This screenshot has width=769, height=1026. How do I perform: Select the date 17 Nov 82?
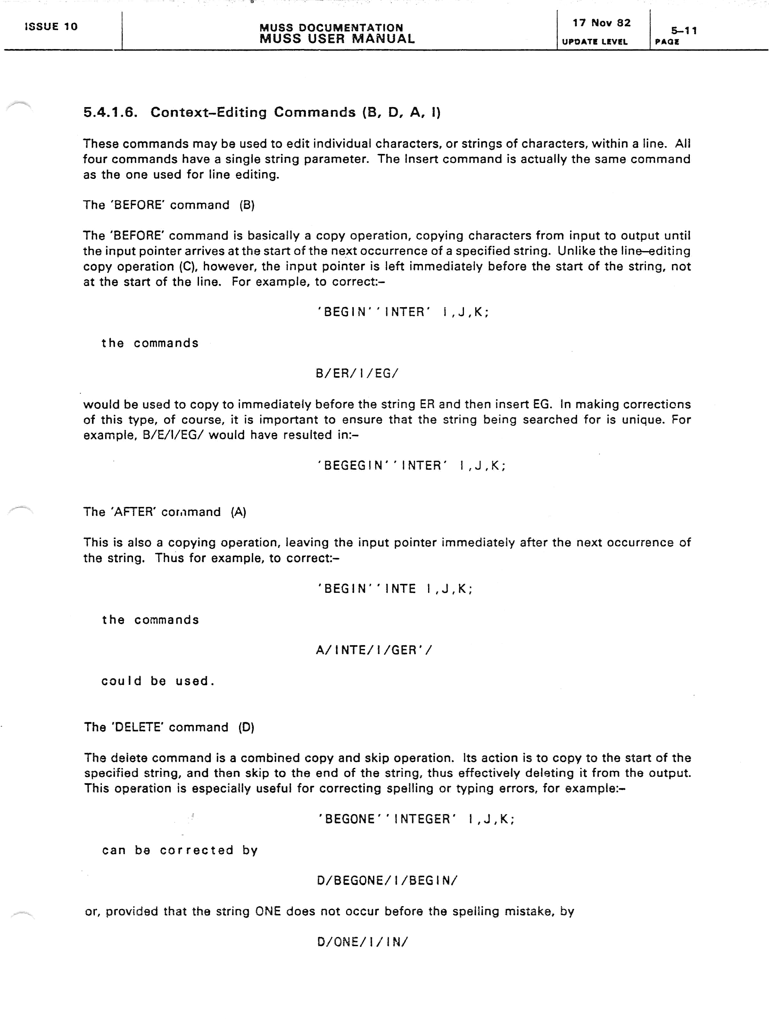(601, 23)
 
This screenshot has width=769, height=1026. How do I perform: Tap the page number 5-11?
(684, 30)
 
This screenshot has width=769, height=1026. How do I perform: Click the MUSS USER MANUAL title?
(337, 39)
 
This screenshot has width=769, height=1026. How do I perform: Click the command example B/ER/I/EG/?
(356, 374)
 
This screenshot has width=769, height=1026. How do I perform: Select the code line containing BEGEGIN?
(411, 465)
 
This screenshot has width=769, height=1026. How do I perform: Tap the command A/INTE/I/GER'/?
(374, 650)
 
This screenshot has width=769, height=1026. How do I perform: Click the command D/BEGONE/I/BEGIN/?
(387, 881)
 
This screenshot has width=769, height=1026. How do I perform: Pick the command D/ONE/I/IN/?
(362, 942)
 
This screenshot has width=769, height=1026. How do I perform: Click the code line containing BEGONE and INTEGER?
(416, 819)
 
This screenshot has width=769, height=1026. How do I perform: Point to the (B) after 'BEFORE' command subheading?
(247, 205)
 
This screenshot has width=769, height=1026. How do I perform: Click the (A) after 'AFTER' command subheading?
(238, 512)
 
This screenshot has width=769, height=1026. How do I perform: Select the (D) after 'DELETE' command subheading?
(246, 727)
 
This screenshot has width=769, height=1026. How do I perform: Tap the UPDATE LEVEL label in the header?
(595, 42)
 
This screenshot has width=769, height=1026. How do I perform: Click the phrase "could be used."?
(158, 681)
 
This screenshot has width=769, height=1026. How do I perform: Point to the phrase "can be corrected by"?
(180, 850)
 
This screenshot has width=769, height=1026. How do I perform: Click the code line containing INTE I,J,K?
(395, 589)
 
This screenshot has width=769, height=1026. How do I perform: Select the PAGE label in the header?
(667, 42)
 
